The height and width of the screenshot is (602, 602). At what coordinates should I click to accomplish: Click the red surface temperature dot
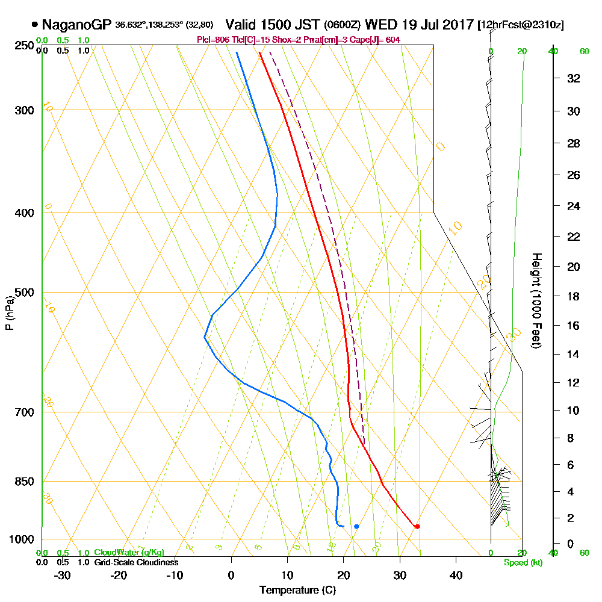417,527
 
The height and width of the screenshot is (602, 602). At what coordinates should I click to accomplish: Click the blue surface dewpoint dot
356,527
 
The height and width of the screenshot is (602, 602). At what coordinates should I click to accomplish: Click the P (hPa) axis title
9,312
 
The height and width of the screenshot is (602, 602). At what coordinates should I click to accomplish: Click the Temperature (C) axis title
297,591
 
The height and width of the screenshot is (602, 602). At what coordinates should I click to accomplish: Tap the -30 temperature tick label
63,576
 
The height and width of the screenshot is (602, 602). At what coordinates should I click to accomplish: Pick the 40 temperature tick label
456,576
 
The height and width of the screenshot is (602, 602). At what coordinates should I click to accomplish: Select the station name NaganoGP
76,25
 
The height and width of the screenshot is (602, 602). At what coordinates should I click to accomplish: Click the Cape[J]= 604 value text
379,40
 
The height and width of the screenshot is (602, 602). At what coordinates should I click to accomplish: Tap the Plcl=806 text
211,40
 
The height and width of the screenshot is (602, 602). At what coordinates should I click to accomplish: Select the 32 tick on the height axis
574,78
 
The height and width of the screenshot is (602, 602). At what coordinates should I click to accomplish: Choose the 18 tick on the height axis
574,296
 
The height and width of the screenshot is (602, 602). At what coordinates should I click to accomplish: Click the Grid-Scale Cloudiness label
136,562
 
